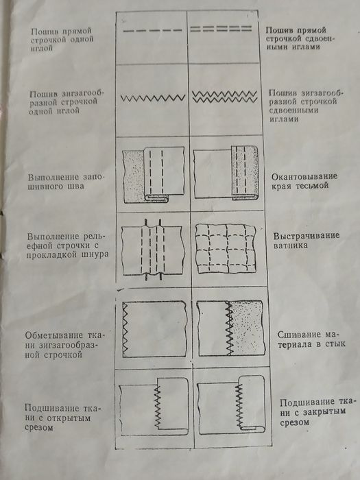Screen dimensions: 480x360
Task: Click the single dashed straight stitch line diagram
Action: [152, 31]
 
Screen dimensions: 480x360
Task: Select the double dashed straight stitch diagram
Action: [220, 30]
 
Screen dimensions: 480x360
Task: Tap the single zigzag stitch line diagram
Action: [152, 98]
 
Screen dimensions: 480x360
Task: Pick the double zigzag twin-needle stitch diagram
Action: [220, 96]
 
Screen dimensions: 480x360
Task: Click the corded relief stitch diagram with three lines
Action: [152, 248]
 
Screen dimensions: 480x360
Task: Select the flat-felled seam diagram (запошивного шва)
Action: [152, 175]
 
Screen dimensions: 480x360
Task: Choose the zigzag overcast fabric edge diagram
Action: [154, 328]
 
